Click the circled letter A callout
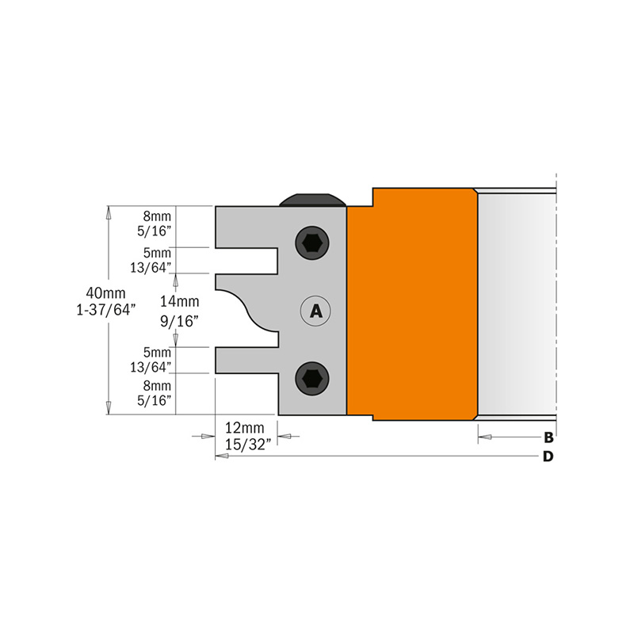[315, 311]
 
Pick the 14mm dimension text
[179, 302]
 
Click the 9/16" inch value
[179, 320]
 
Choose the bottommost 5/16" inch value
[156, 401]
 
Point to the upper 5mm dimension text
[156, 252]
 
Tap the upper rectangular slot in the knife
[246, 260]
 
